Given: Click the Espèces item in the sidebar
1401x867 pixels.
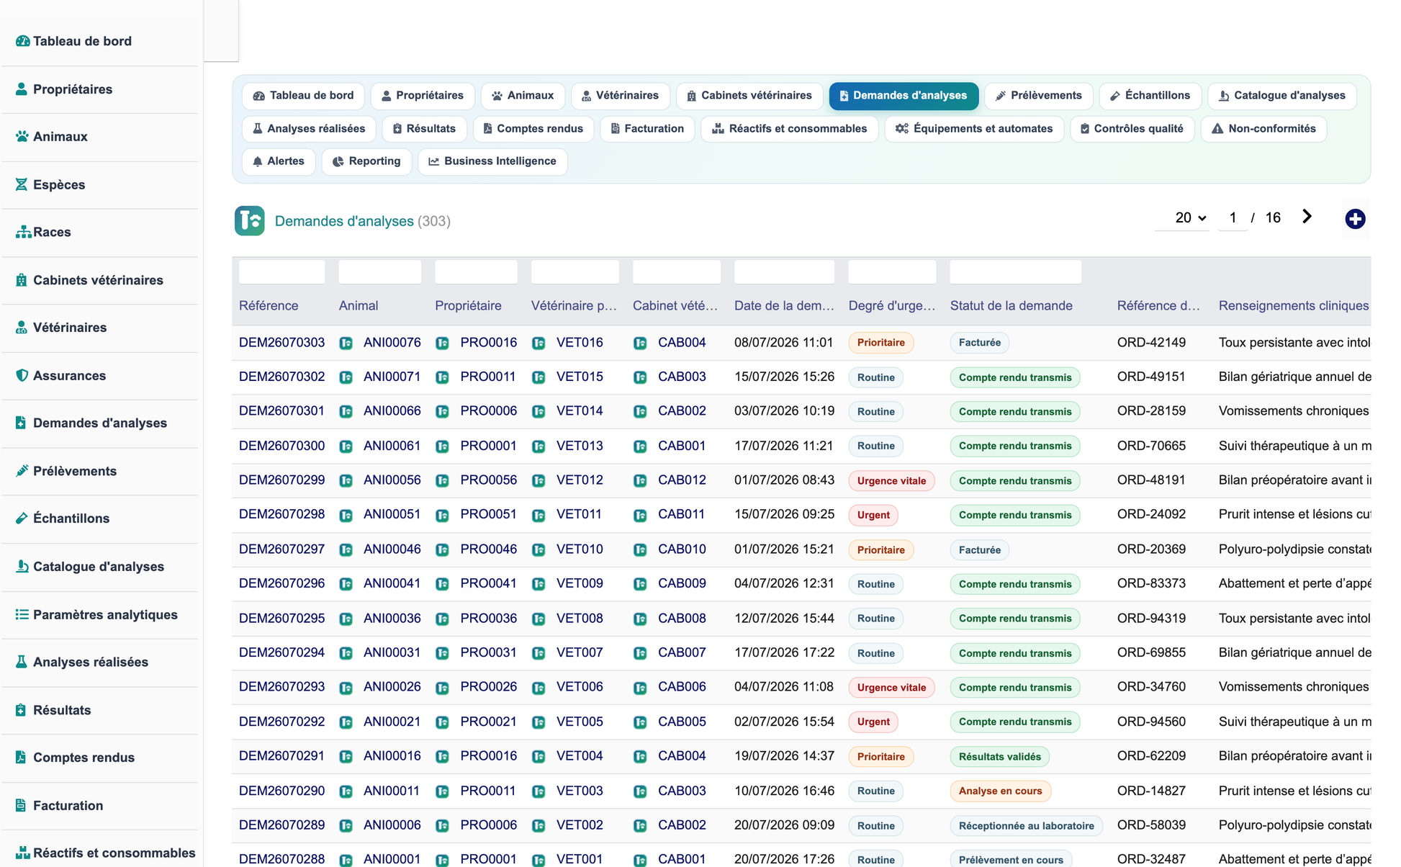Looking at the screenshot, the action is (59, 184).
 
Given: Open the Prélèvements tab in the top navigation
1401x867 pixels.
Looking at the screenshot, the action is (1038, 96).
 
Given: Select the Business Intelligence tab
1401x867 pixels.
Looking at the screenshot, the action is (492, 161).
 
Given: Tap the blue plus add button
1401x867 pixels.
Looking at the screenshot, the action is (1355, 219).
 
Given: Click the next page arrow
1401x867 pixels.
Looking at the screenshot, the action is (1307, 217).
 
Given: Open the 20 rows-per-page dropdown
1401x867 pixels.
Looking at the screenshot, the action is (1190, 217).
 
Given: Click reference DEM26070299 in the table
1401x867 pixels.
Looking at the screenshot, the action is (281, 480).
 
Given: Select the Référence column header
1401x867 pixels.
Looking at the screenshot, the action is (269, 305).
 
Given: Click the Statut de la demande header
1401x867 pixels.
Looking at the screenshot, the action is (1011, 305).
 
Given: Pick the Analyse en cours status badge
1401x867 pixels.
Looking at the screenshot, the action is (1000, 791).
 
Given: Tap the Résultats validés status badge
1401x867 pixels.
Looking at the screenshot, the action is (999, 756).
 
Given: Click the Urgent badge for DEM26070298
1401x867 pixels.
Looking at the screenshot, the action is (873, 515).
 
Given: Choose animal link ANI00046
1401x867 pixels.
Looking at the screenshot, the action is (392, 549).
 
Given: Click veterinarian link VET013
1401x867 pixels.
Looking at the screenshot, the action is (580, 446).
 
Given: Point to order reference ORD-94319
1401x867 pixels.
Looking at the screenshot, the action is (1151, 619).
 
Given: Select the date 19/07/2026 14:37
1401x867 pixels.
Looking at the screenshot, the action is (784, 756).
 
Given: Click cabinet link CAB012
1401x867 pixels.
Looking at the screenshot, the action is (682, 480).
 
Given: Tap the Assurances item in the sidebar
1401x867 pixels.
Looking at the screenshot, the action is (69, 375).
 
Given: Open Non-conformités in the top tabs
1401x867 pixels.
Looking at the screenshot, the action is (1263, 129).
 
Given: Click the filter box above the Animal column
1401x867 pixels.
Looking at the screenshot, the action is (379, 272).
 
